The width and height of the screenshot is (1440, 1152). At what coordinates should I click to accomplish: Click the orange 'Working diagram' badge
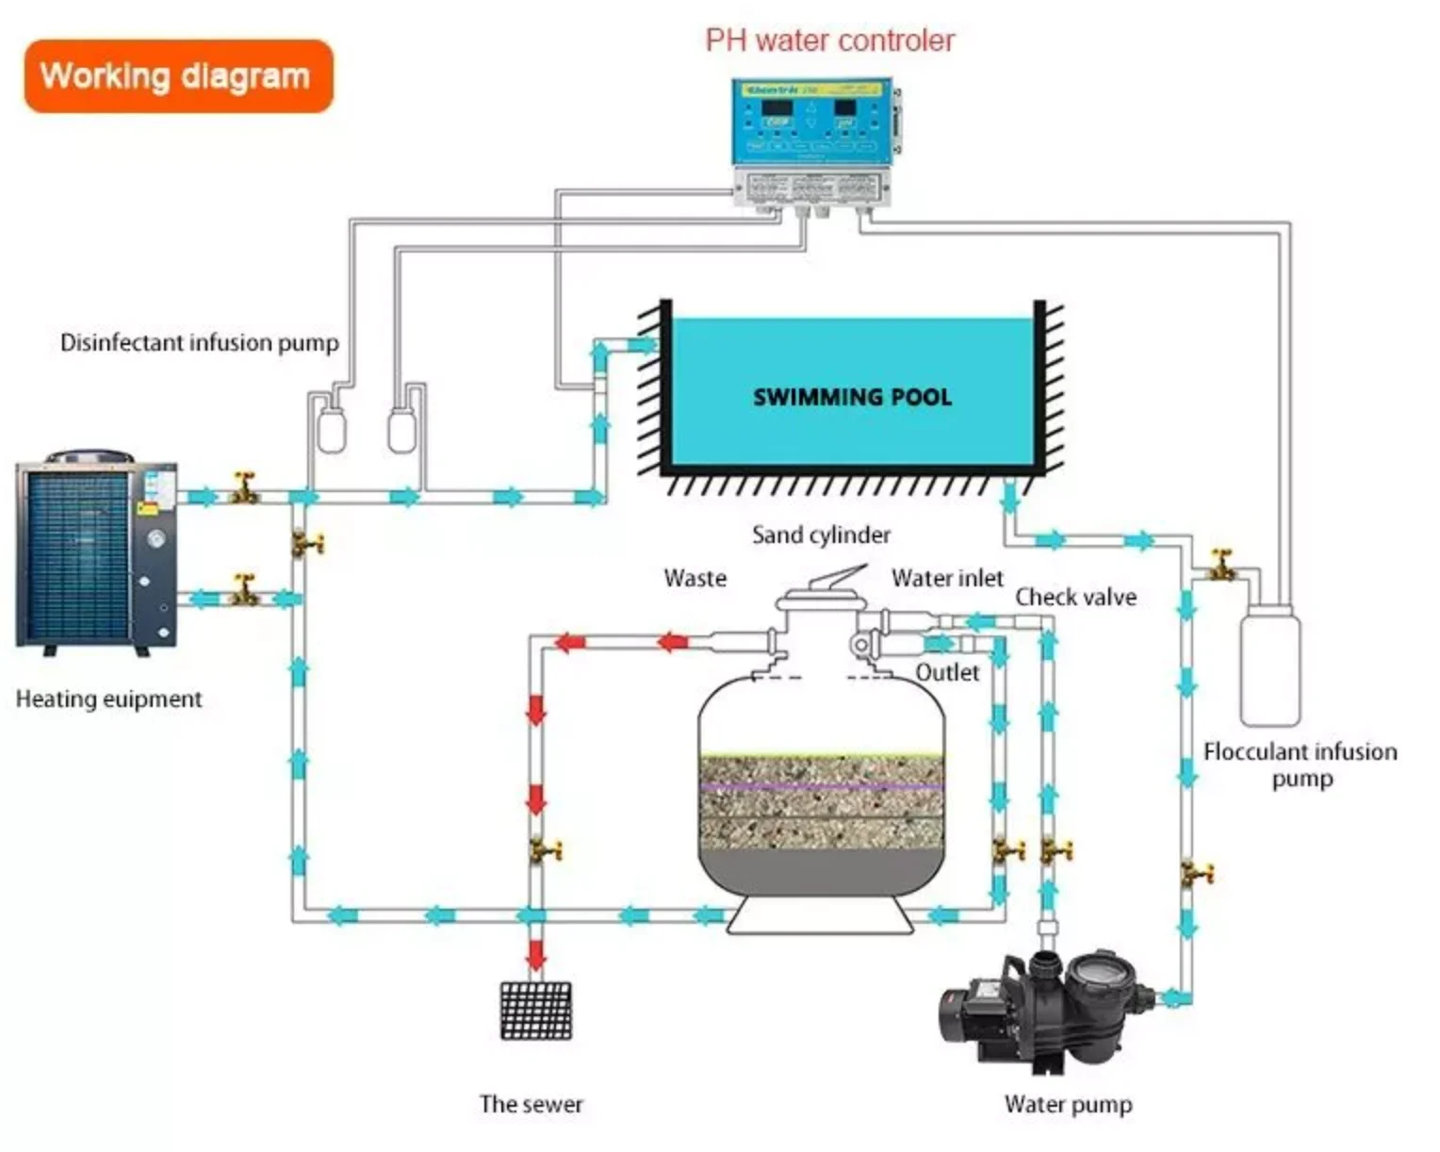point(178,76)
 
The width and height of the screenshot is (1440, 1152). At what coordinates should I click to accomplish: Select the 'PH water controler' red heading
point(829,41)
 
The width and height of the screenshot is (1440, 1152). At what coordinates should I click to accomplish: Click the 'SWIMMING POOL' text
point(852,397)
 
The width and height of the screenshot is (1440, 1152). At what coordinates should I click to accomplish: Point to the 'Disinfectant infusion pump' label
point(199,342)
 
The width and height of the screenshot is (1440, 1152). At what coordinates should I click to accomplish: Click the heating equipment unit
point(96,551)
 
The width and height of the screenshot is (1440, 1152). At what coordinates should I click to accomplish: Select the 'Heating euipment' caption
point(108,699)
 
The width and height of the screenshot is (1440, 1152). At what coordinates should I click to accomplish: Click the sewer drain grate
point(535,1011)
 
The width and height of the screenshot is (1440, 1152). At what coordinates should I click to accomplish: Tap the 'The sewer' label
point(531,1103)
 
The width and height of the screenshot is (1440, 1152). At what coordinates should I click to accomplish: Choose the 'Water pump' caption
point(1068,1103)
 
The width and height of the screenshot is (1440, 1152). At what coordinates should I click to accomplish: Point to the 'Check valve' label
point(1075,597)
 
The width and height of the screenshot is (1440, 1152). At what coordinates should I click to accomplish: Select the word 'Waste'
point(695,578)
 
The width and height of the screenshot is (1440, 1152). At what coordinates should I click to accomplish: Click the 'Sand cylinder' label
point(821,535)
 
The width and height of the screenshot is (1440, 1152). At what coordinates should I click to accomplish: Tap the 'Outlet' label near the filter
point(947,672)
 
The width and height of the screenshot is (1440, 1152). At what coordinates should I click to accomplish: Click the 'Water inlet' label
point(947,578)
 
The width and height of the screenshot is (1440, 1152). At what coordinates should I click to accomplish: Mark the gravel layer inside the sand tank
point(821,801)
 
